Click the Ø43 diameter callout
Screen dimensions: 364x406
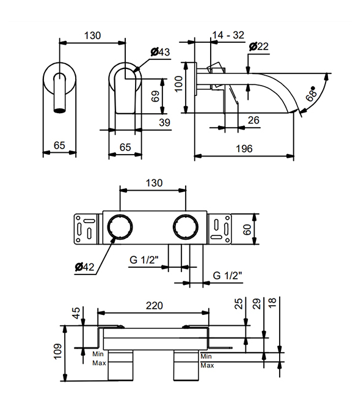click(x=161, y=52)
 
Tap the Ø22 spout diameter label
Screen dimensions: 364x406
click(x=259, y=46)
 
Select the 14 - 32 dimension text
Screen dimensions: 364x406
click(x=228, y=35)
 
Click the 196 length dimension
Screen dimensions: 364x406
click(x=244, y=149)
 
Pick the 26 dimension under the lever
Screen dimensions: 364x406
click(x=253, y=120)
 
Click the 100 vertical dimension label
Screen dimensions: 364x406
click(x=179, y=84)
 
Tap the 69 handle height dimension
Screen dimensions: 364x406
click(x=155, y=96)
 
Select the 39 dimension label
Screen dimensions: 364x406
click(x=164, y=122)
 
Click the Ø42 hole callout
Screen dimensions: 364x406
click(x=85, y=267)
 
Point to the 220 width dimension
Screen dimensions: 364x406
click(x=154, y=306)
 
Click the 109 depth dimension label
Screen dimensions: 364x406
click(x=57, y=351)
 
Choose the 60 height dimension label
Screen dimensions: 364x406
click(x=247, y=229)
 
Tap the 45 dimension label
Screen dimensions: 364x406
click(x=77, y=313)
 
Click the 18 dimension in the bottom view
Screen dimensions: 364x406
click(x=272, y=303)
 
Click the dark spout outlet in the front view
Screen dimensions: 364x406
click(x=60, y=111)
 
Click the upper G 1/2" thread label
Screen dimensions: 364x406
click(x=144, y=259)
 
